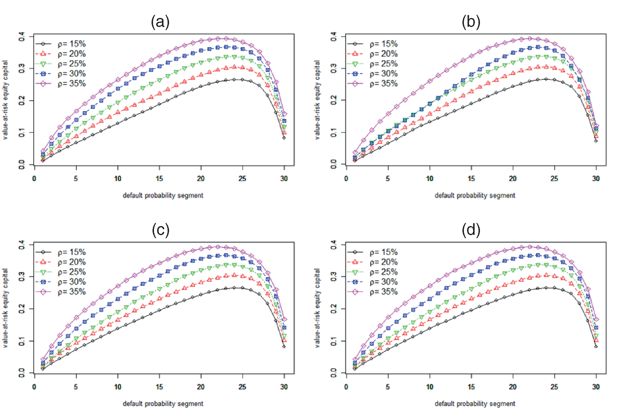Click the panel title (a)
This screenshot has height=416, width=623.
coord(160,22)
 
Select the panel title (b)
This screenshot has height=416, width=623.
coord(471,22)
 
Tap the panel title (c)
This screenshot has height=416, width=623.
coord(161,230)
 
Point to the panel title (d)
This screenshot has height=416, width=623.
coord(471,230)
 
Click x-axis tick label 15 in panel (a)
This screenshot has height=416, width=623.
coord(159,178)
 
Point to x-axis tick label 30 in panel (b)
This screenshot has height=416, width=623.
coord(596,178)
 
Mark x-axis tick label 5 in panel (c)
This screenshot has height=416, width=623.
coord(76,387)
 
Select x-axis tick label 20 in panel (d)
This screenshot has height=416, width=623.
coord(513,387)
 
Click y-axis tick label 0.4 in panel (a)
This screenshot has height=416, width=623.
coord(22,37)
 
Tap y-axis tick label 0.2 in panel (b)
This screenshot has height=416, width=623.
coord(334,100)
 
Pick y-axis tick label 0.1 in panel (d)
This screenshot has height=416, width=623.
coord(334,341)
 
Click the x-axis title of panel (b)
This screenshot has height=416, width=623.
coord(475,195)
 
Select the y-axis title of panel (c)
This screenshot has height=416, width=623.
coord(5,308)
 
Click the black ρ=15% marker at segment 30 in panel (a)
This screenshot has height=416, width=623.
coord(284,138)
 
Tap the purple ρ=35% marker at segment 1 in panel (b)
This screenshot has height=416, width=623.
coord(355,152)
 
